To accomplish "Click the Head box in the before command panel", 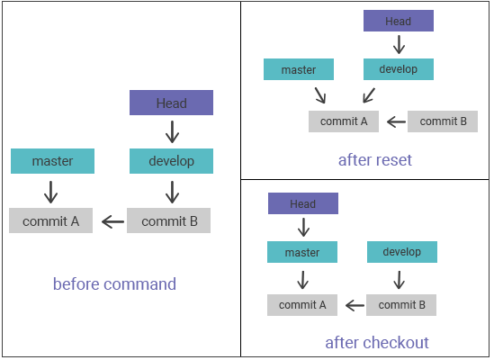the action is click(171, 103).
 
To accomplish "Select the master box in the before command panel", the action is click(52, 161).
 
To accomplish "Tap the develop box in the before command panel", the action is click(171, 161).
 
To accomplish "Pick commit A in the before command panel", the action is click(50, 220).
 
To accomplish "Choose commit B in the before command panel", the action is click(168, 220).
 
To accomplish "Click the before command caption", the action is click(114, 284).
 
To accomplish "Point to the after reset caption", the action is click(375, 160).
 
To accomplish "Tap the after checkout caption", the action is click(377, 343).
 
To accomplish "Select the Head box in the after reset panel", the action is click(399, 21).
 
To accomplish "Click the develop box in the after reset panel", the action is click(399, 69).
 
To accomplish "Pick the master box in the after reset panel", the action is click(299, 69).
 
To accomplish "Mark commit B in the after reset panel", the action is click(443, 121).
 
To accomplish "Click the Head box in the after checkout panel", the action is click(303, 203).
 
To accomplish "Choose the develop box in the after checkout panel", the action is click(402, 252).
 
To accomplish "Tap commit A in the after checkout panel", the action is click(302, 305).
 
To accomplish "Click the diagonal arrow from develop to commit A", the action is click(369, 95).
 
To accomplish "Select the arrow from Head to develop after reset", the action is click(399, 45).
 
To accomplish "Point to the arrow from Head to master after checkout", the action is click(303, 228).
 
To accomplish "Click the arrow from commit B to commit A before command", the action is click(112, 221).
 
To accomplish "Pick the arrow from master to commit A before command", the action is click(50, 192).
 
